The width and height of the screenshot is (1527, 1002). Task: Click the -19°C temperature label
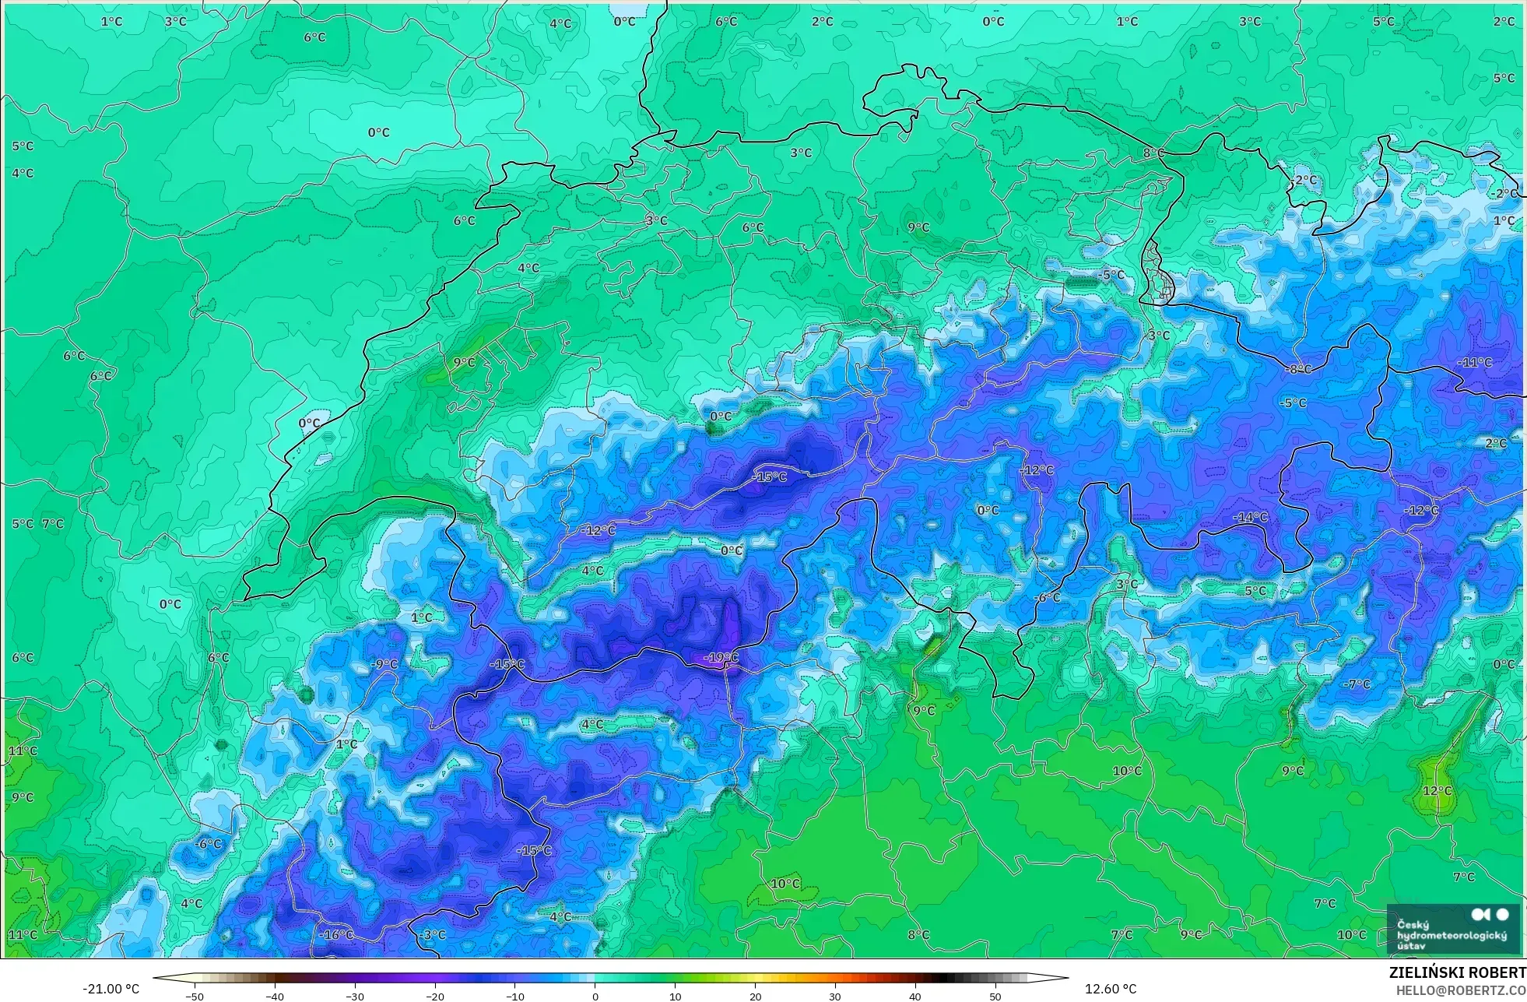click(721, 658)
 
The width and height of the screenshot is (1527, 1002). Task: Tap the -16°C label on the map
click(336, 934)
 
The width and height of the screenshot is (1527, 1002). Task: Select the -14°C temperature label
click(1250, 517)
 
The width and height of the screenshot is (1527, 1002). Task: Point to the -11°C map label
click(1474, 362)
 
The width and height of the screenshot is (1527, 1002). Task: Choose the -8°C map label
click(1298, 369)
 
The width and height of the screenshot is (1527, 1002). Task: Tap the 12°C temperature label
click(1437, 790)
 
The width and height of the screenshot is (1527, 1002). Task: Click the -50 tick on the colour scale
click(195, 996)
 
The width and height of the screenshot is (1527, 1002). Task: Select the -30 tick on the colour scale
click(355, 996)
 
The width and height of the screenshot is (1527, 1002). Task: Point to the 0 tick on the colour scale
click(595, 996)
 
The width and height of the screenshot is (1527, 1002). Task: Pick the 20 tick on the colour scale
click(755, 996)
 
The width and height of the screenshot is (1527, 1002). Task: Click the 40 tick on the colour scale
click(915, 996)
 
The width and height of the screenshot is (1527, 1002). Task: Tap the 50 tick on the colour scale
click(995, 996)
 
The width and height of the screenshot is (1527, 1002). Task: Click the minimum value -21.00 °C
click(111, 989)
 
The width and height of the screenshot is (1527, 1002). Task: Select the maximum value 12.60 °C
click(1111, 989)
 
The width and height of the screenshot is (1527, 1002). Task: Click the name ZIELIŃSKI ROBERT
click(1457, 972)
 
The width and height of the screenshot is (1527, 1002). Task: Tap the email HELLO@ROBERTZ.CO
click(1460, 990)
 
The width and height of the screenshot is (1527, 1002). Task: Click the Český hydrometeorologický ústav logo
click(1452, 928)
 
